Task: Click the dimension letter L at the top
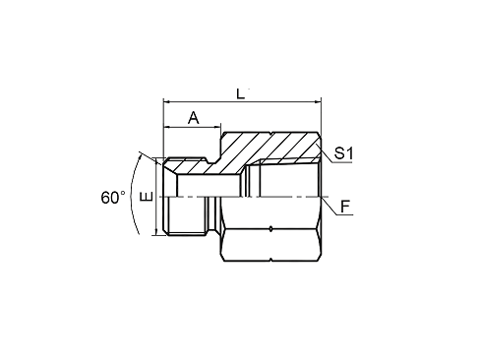point(241,91)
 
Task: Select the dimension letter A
point(193,117)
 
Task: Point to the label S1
point(344,153)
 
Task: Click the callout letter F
point(345,207)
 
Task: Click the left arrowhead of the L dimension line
point(166,100)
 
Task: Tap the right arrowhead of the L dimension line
point(318,100)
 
